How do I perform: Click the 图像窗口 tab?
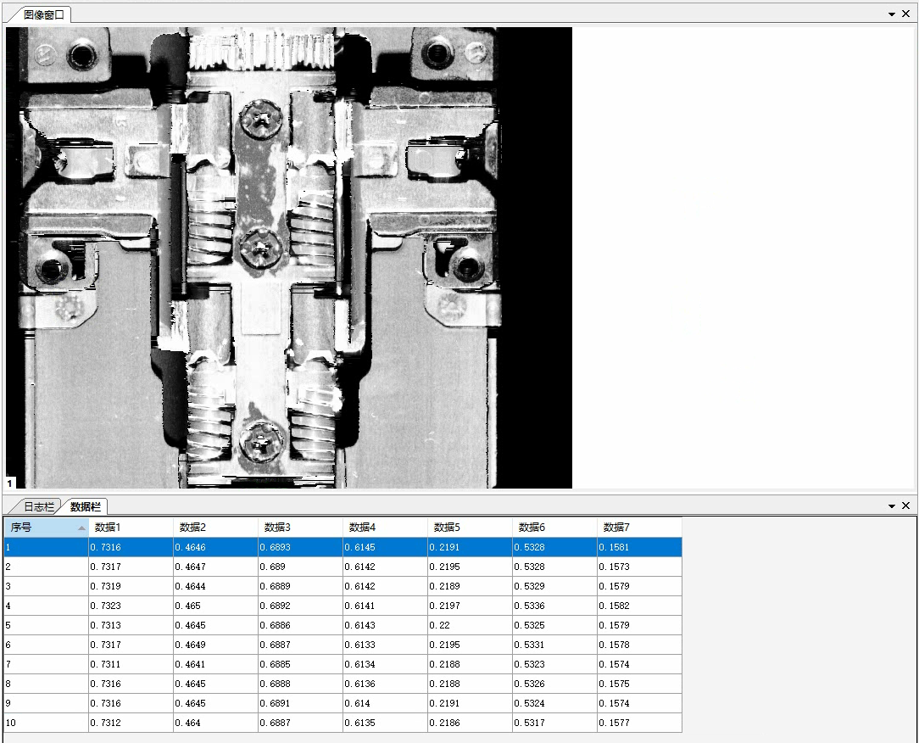click(42, 14)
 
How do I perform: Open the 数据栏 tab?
click(85, 506)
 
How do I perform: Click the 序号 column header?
click(46, 528)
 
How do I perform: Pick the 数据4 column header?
click(385, 528)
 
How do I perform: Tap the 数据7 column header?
click(639, 528)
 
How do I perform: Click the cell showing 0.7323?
click(130, 606)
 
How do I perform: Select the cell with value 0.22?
click(470, 625)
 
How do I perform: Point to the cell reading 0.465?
click(215, 606)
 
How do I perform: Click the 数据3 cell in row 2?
click(300, 567)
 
